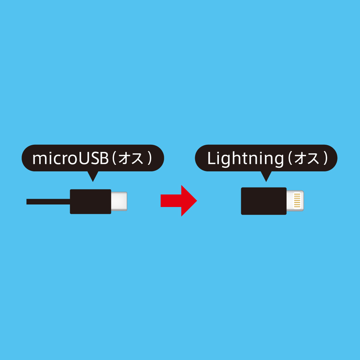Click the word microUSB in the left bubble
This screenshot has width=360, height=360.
(x=71, y=158)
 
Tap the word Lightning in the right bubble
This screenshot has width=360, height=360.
(x=246, y=159)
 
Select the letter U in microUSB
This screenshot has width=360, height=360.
(x=84, y=158)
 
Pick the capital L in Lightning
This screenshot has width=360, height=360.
(x=211, y=158)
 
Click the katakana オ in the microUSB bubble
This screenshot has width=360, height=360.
(x=124, y=158)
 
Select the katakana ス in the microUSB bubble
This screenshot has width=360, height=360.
(x=138, y=159)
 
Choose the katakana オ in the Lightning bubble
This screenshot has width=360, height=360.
(x=300, y=158)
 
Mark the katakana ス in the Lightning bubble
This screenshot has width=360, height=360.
(x=314, y=159)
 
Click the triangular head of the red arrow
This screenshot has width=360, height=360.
(x=188, y=201)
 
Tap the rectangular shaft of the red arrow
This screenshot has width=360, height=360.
(x=171, y=201)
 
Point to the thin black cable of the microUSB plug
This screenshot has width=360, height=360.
(x=48, y=202)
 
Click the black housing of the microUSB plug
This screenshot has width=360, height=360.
(x=90, y=202)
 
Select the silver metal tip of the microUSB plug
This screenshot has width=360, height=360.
(x=119, y=201)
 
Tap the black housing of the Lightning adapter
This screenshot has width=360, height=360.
(x=264, y=201)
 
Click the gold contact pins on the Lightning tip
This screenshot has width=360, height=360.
(x=297, y=201)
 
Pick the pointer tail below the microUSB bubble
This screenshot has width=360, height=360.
(x=93, y=176)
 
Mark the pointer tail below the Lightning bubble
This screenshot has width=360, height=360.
(x=266, y=176)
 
